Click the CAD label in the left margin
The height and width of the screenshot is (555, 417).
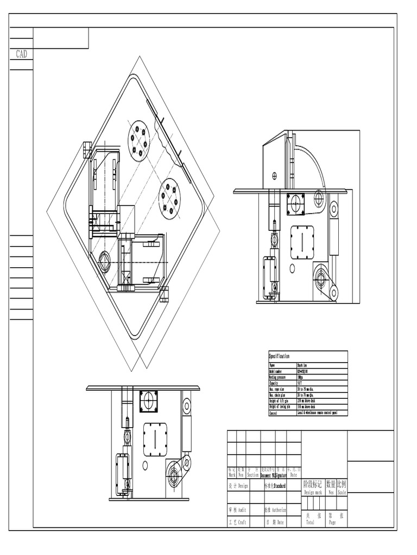coord(21,54)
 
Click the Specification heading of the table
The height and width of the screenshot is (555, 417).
coord(280,356)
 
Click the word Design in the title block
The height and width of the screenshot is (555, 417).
coord(242,486)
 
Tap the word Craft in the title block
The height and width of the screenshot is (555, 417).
coord(242,522)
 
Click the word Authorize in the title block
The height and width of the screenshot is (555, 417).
coord(279,510)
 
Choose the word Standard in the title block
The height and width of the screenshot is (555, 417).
coord(279,486)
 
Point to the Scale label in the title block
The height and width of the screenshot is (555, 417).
coord(342,493)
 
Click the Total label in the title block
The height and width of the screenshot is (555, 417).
coord(310,523)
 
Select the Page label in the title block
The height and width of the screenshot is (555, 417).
coord(332,523)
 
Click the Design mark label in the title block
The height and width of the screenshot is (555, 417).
coord(313,493)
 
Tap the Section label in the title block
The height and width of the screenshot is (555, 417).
coord(253,474)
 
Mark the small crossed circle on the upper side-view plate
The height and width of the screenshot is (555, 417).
coord(274,175)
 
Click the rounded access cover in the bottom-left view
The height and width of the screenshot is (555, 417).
coord(155,440)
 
